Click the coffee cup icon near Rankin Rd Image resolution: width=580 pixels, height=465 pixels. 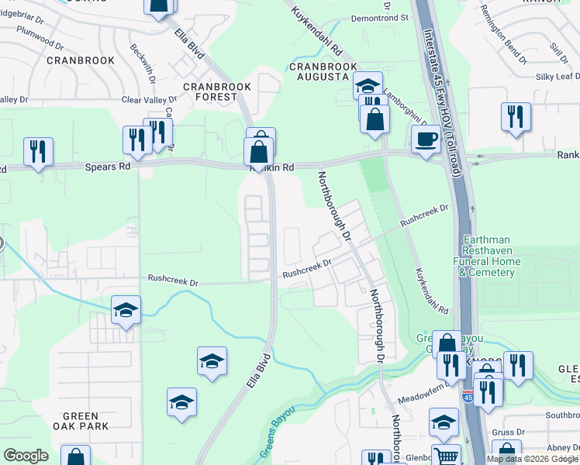click(425, 139)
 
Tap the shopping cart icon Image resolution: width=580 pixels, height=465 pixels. click(446, 456)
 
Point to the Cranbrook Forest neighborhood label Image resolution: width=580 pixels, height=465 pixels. click(209, 91)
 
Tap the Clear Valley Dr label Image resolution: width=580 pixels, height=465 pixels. click(149, 100)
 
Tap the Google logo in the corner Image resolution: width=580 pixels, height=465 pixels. click(26, 456)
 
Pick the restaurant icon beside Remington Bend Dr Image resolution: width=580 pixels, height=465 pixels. click(516, 117)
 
